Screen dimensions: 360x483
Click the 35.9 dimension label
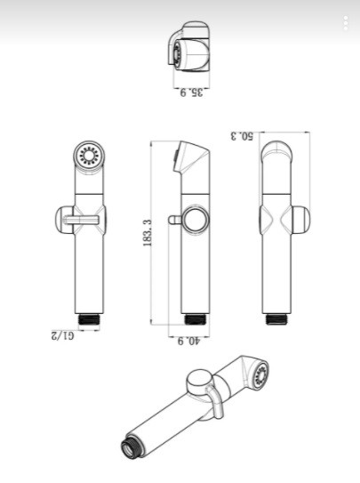pos(192,93)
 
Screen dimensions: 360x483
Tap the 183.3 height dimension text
pos(148,233)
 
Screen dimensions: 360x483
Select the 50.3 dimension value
pos(242,136)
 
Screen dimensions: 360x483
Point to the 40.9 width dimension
pos(189,341)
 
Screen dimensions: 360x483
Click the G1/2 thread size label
pos(63,334)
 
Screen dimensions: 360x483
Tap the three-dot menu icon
pos(346,23)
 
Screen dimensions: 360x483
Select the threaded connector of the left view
pos(89,319)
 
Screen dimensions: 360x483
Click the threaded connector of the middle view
pos(195,319)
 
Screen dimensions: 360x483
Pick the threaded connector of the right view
pos(276,319)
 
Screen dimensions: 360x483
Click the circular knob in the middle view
pos(196,220)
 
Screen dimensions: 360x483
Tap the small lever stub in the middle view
pos(175,220)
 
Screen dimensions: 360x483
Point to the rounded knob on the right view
pos(300,220)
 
